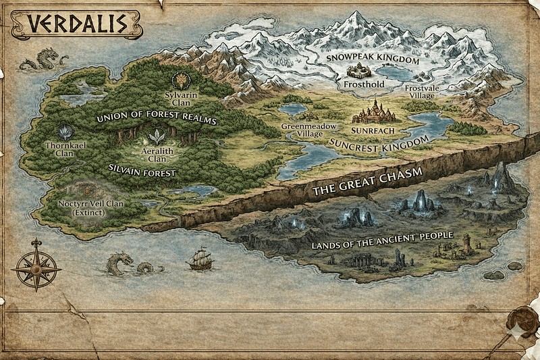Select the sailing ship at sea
[199, 258]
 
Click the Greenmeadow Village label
[300, 129]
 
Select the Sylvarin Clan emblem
[180, 80]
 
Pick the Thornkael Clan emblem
[65, 130]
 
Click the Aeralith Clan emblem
[157, 137]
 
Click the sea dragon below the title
[38, 60]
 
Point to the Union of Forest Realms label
[155, 119]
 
